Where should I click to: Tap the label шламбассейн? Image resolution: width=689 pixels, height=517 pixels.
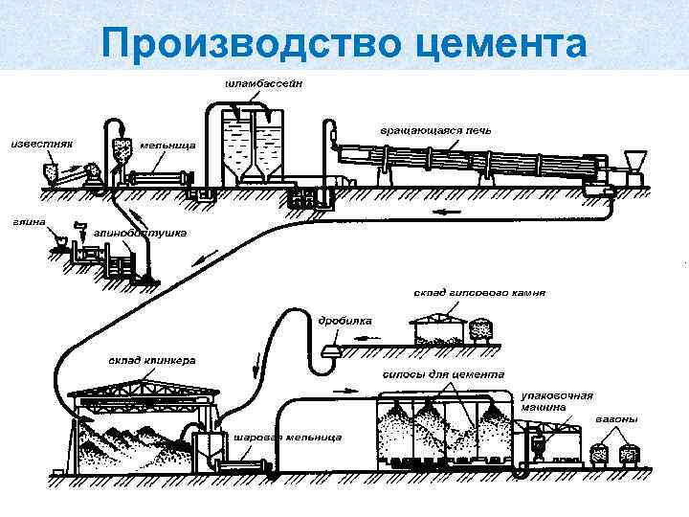click(x=265, y=84)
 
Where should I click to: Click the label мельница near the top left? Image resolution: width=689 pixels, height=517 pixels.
click(x=167, y=145)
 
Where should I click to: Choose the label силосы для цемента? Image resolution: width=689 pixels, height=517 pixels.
click(x=442, y=374)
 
